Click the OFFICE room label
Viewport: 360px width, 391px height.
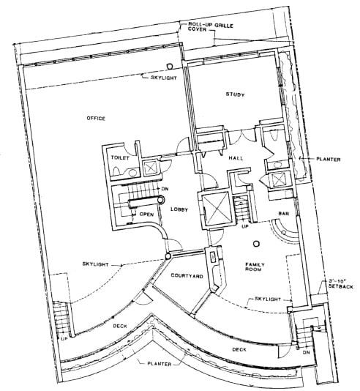(96, 119)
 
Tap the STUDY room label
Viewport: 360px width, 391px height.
(235, 95)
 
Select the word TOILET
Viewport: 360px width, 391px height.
(120, 157)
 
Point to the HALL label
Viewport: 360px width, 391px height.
(236, 157)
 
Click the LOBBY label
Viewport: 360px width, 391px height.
(180, 210)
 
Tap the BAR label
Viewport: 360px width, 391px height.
(283, 215)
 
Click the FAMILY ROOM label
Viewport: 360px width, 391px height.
(255, 267)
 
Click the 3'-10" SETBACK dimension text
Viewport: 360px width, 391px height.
(341, 283)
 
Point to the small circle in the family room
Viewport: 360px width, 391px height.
(257, 244)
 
